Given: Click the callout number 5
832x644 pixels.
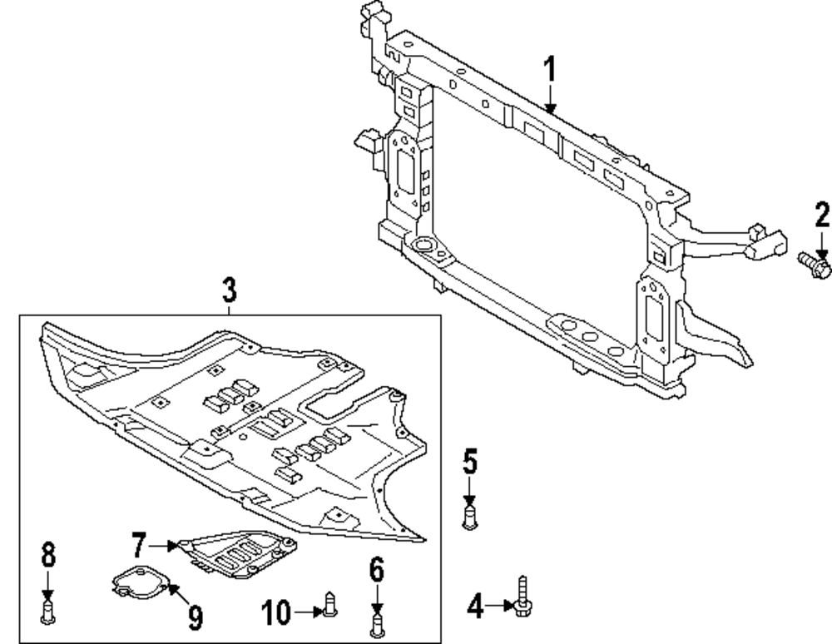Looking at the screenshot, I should pos(470,462).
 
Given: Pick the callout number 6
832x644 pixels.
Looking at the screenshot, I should pos(376,571).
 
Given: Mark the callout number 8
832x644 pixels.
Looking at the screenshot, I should pos(47,553).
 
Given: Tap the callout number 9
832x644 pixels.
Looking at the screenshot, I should pos(195,617).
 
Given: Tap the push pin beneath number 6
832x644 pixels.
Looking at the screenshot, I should pos(377,622).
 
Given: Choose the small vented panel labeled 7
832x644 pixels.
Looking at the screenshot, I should pos(237,551).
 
